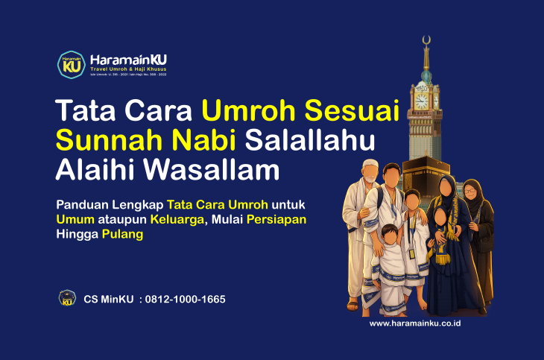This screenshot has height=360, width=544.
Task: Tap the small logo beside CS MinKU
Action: tap(67, 298)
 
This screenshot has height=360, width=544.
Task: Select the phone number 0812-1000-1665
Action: tap(186, 299)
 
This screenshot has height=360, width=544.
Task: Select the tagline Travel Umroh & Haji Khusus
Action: tap(126, 69)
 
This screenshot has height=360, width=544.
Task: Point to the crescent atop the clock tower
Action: tap(426, 40)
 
